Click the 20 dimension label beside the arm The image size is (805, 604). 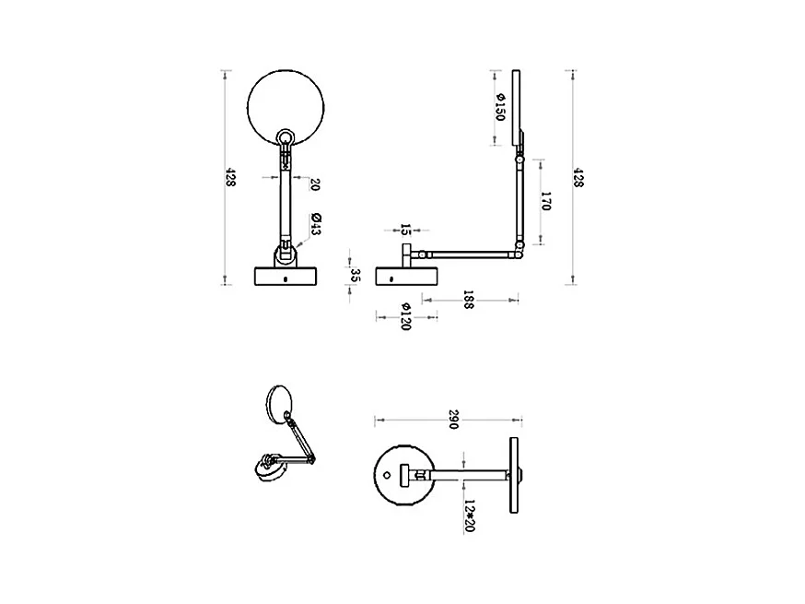tap(316, 184)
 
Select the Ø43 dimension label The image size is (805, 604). tap(316, 223)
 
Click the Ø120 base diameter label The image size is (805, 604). tap(405, 315)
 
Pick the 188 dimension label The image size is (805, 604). tap(468, 301)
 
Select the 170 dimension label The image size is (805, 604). tap(545, 201)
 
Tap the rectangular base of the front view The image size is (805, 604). tap(286, 277)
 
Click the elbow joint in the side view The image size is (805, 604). tap(521, 247)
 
